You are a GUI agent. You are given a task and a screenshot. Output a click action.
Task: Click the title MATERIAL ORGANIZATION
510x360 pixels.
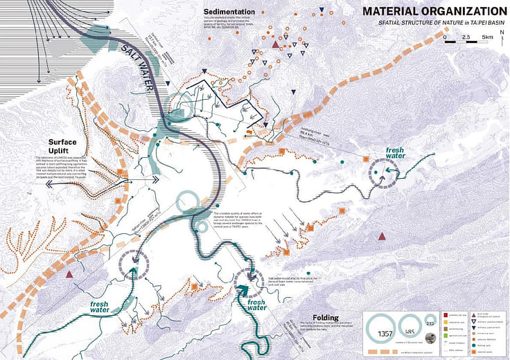tap(434, 11)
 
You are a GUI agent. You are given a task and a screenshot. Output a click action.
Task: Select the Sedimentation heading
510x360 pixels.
tap(229, 12)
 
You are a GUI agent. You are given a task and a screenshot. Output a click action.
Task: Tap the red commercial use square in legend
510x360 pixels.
tap(445, 314)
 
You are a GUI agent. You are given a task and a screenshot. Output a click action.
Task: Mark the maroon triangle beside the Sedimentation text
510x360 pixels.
tap(276, 45)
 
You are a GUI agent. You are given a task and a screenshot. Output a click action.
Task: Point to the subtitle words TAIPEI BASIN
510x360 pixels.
tap(488, 24)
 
